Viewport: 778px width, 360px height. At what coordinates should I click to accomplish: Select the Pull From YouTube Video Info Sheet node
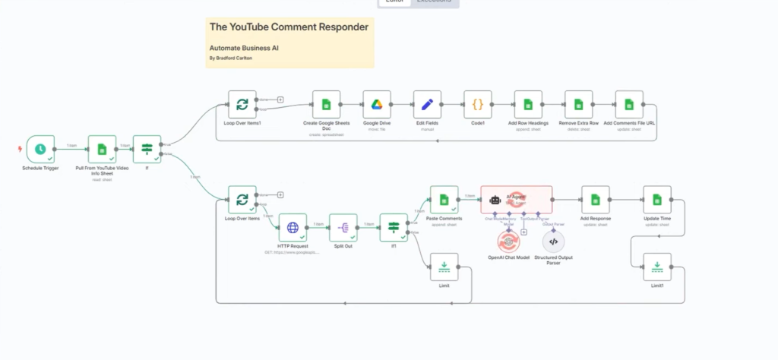[101, 150]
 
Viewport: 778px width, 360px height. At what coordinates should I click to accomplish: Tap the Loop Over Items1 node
[242, 105]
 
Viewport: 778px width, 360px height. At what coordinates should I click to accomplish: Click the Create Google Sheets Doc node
[325, 105]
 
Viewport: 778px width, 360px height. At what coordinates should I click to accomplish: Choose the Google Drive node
[376, 105]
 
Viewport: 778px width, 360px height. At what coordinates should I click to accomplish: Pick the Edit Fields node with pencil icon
[427, 105]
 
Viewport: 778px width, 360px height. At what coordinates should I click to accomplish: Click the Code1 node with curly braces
[478, 105]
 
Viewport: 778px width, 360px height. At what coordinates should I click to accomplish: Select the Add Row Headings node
[528, 105]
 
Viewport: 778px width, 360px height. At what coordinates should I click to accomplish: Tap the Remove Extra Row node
[579, 105]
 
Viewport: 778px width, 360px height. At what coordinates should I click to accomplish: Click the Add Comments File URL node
[629, 105]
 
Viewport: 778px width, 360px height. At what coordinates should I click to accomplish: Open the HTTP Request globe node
[293, 227]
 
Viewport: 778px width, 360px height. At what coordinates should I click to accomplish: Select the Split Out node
[343, 227]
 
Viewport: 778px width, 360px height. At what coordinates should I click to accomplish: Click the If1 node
[394, 227]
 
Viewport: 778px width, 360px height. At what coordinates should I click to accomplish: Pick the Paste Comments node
[444, 200]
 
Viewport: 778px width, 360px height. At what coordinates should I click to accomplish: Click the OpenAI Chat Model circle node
[508, 242]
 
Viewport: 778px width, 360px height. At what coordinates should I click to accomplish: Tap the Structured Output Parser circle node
[553, 242]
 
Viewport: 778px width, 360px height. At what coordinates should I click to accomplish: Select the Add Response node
[595, 200]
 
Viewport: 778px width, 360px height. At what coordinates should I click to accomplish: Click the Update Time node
[657, 200]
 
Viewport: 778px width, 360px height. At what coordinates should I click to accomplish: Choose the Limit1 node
[657, 266]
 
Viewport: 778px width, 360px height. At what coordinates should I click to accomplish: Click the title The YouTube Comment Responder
[289, 27]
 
